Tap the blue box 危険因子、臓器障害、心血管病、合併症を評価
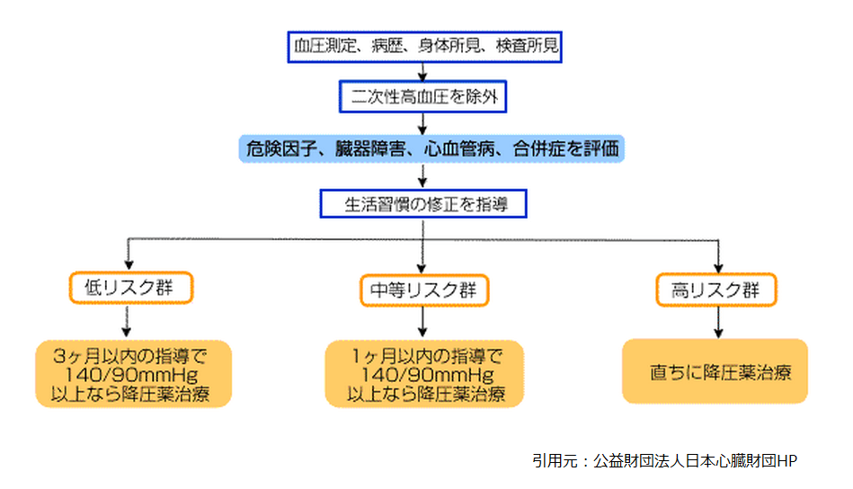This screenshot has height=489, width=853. coord(431,148)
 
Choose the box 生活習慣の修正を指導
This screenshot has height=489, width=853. coord(422,203)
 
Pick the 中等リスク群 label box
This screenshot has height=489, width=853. coord(423,289)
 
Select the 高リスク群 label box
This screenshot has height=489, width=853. coord(715,289)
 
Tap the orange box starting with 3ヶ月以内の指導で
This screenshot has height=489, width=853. coord(133,373)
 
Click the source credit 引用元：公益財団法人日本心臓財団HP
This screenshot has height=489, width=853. coord(664,460)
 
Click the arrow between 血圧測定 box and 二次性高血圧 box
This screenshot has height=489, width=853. coord(422,72)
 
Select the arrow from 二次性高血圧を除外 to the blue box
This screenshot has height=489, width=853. coord(422,123)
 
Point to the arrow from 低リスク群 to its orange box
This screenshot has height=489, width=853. coord(128,320)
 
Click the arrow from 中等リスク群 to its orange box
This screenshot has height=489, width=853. coord(422,320)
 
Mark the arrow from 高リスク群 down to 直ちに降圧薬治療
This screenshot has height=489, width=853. coord(717,320)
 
